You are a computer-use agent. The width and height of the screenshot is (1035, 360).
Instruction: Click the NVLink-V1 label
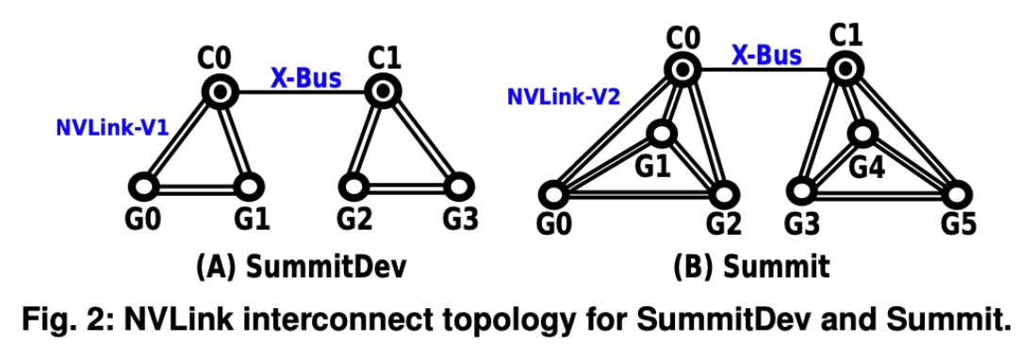tap(112, 127)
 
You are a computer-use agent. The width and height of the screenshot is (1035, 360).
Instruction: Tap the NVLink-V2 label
tap(564, 97)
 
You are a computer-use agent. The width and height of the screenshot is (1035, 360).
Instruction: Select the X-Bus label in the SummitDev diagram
tap(306, 78)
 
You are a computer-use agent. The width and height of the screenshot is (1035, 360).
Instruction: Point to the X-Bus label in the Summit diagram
tap(766, 56)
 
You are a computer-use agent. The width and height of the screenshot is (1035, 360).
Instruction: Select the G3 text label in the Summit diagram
tap(802, 223)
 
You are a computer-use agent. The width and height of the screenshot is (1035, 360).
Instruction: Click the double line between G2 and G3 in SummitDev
tap(406, 188)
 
